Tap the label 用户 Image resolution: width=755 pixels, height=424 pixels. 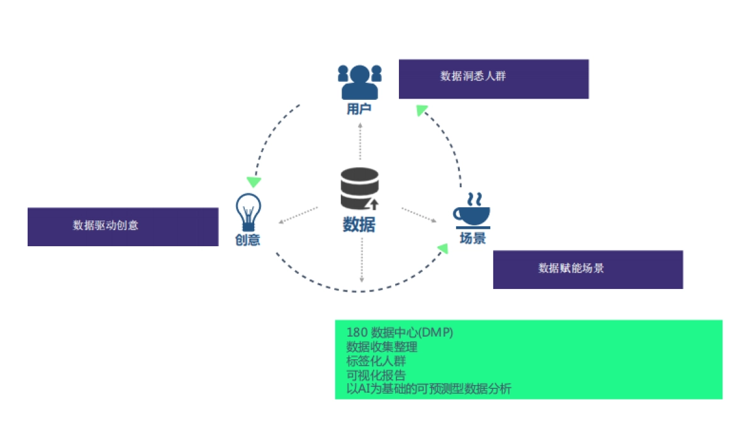[x=359, y=109]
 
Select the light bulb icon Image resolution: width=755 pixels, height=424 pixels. [x=248, y=212]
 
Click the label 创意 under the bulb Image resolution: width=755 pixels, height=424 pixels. [x=247, y=240]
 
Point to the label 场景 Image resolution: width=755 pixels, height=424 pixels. [x=473, y=239]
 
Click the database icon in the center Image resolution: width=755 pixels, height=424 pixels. [x=360, y=188]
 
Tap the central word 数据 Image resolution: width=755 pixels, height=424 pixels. [x=359, y=224]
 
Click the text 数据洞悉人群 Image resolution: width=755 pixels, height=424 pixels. [x=473, y=77]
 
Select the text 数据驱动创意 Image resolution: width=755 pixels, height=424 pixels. [x=105, y=226]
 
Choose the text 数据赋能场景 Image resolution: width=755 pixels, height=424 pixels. [x=571, y=268]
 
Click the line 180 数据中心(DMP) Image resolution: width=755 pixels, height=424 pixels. [x=400, y=332]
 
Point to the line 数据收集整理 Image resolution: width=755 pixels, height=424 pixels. [x=381, y=347]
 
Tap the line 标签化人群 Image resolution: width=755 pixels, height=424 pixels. [x=376, y=361]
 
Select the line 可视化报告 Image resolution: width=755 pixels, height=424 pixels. [x=376, y=376]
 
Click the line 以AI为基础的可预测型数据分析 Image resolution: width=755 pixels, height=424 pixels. [x=428, y=389]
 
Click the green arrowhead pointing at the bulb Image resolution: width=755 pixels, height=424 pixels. [x=254, y=182]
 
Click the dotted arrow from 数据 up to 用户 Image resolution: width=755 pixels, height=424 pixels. [x=361, y=141]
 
